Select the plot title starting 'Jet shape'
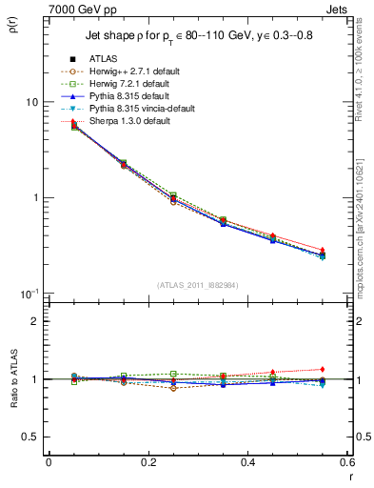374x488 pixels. (190, 36)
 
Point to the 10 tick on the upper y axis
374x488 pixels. (31, 102)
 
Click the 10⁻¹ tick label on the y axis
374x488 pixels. (29, 294)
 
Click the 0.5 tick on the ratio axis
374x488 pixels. (30, 437)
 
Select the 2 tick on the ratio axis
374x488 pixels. (35, 321)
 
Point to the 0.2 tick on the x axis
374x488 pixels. (148, 462)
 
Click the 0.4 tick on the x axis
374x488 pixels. (247, 462)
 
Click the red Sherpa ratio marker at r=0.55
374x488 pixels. (322, 369)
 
